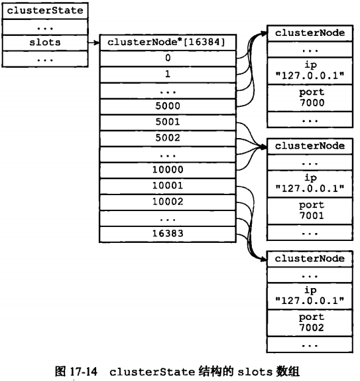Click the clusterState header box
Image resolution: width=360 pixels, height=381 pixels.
click(45, 11)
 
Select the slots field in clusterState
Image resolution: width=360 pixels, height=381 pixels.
click(45, 42)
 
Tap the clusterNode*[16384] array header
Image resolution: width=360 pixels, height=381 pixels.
click(168, 42)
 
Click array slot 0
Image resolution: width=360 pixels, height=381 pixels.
click(168, 58)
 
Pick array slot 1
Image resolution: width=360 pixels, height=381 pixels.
click(168, 74)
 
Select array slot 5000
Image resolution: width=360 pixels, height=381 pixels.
click(168, 106)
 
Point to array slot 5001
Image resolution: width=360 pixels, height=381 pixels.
click(168, 122)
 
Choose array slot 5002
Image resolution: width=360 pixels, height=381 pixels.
click(168, 138)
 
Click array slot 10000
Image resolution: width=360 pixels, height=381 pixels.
click(168, 170)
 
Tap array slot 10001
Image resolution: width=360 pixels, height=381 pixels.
click(168, 186)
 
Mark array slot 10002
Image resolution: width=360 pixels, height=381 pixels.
click(168, 202)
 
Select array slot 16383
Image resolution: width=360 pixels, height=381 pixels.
click(168, 234)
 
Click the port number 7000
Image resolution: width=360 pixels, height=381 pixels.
click(312, 103)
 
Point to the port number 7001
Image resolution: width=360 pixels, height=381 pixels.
click(312, 216)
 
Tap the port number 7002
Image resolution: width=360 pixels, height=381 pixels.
click(312, 328)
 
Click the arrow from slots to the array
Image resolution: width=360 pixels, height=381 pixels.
click(93, 42)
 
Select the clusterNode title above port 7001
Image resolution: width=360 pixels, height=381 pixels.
click(310, 146)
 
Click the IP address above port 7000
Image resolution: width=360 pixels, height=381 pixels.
click(310, 76)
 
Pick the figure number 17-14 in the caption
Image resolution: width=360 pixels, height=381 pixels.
click(84, 372)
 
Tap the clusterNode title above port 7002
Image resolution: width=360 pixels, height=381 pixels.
click(310, 259)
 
